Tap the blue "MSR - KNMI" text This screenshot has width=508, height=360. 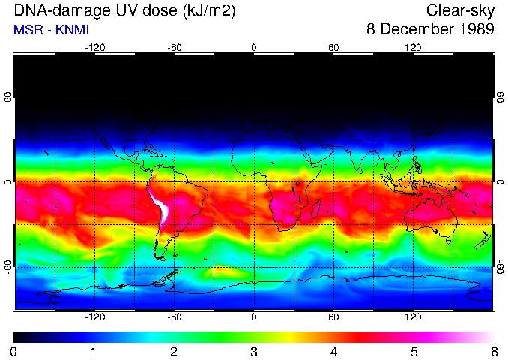click(51, 30)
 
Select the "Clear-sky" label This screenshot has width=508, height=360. click(460, 11)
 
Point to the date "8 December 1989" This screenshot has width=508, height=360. click(430, 30)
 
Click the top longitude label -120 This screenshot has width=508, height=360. click(95, 47)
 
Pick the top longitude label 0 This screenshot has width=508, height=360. click(254, 47)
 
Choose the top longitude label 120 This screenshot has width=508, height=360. click(413, 47)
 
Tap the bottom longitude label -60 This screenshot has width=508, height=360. click(175, 317)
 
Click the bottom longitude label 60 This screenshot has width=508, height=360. click(333, 317)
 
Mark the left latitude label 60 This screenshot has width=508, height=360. click(8, 99)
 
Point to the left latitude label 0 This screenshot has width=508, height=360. click(8, 182)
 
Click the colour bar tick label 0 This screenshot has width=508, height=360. click(14, 351)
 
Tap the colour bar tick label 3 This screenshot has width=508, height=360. click(254, 351)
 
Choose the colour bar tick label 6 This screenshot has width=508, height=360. click(494, 351)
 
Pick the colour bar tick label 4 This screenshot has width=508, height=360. click(334, 351)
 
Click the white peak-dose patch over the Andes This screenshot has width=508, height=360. click(160, 206)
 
